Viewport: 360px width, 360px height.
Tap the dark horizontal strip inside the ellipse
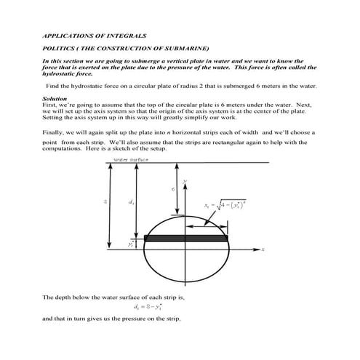pyautogui.click(x=186, y=238)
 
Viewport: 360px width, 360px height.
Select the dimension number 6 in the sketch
pyautogui.click(x=172, y=188)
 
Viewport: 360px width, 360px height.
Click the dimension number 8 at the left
pyautogui.click(x=106, y=201)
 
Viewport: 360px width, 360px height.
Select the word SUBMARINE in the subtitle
pyautogui.click(x=185, y=48)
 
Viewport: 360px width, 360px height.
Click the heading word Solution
pyautogui.click(x=55, y=97)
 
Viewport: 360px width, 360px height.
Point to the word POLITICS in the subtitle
pyautogui.click(x=57, y=48)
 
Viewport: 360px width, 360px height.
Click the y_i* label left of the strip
pyautogui.click(x=131, y=244)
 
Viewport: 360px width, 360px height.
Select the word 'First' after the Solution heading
pyautogui.click(x=50, y=105)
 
